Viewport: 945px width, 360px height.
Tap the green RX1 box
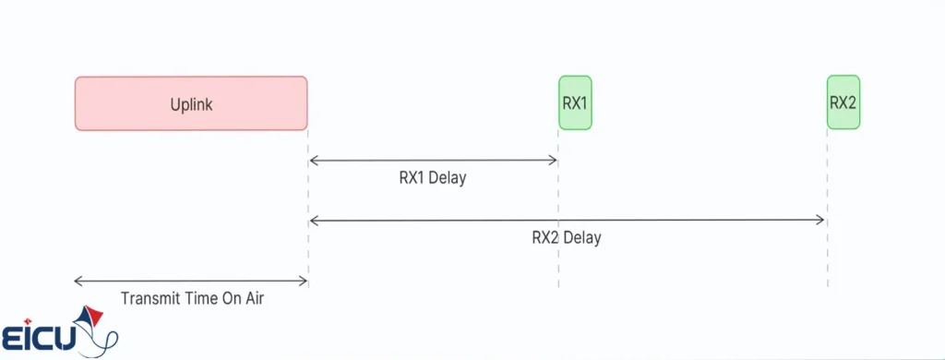tap(575, 102)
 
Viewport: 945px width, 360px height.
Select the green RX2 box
tap(843, 102)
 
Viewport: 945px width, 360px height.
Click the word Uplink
tap(191, 104)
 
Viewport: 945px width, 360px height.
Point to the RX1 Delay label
tap(432, 178)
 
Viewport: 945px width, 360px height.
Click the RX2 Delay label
tap(566, 237)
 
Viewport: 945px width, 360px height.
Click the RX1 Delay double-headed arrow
tap(433, 161)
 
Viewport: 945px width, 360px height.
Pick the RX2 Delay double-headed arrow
tap(567, 220)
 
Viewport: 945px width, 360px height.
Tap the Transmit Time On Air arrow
tap(191, 281)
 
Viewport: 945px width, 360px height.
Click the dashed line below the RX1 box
tap(558, 222)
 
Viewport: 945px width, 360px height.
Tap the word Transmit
tap(150, 298)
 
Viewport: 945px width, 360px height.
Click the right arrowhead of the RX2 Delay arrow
tap(821, 220)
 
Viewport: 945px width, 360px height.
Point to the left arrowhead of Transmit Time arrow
tap(78, 281)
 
